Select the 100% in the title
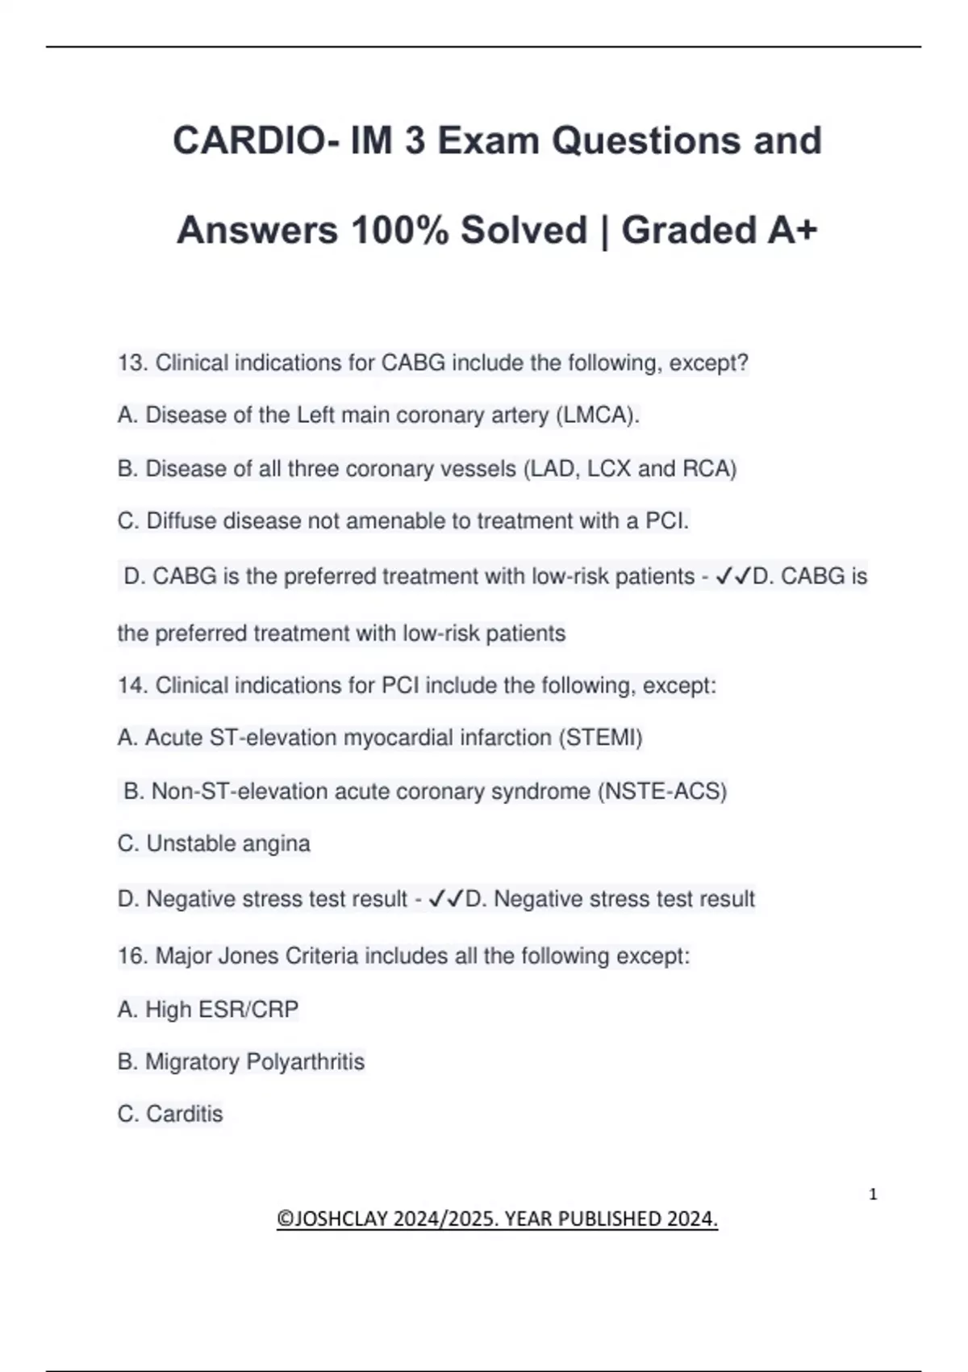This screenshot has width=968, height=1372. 399,230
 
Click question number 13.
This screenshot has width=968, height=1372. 132,363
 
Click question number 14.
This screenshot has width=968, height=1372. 132,686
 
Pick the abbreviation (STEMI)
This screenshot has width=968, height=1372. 600,738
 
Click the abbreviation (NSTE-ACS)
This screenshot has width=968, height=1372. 662,791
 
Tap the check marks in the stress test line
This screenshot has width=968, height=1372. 445,899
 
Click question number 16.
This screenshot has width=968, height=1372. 132,956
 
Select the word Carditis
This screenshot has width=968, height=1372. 184,1114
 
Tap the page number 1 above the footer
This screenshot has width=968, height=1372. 873,1194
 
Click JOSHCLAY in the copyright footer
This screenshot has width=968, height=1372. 343,1219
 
